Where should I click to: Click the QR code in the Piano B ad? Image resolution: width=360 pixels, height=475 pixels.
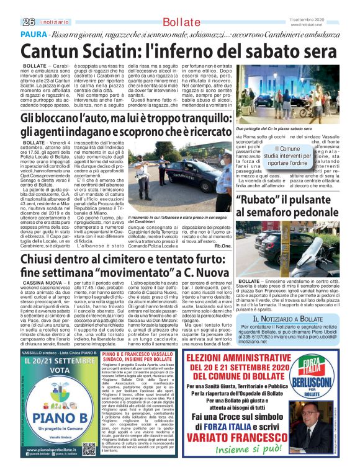88,448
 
